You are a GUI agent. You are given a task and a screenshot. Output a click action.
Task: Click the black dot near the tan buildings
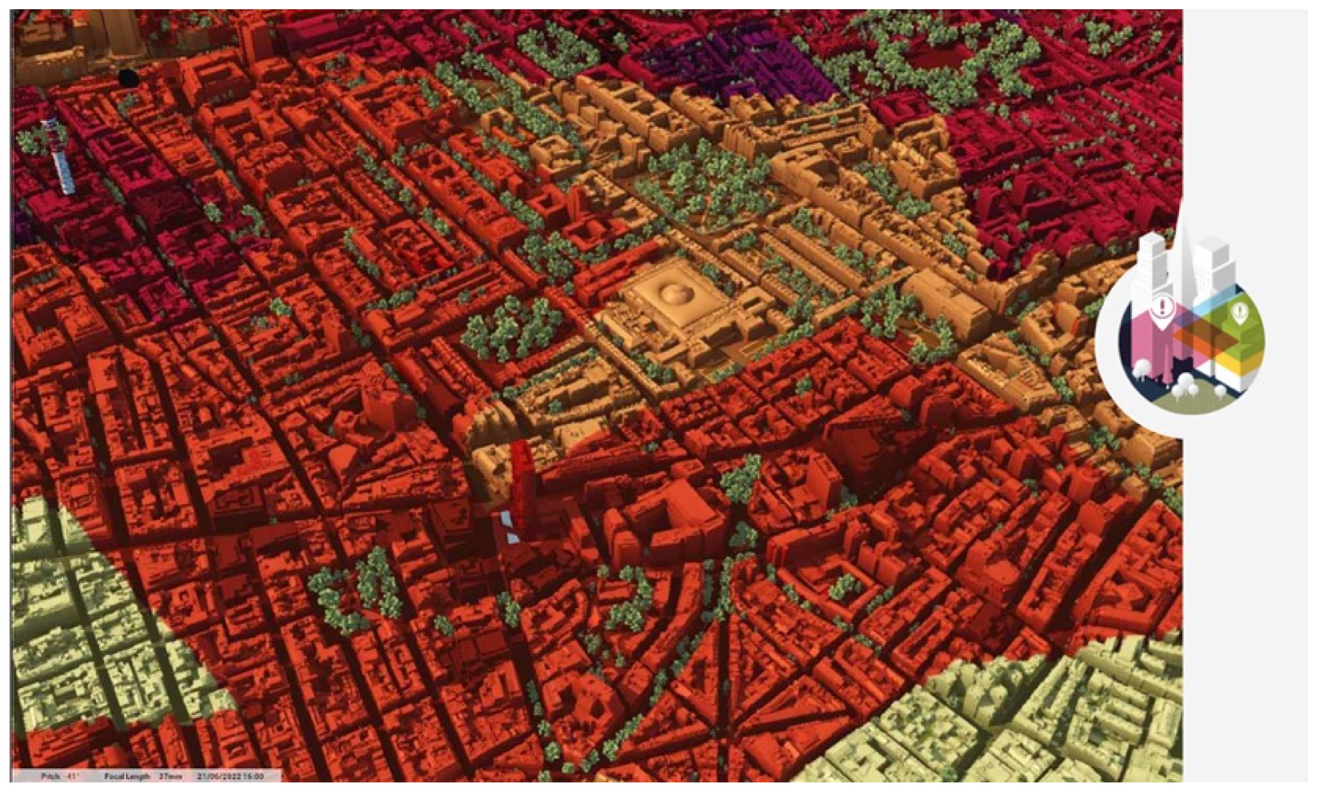coord(129,79)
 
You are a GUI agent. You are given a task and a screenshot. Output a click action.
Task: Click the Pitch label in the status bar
coord(50,776)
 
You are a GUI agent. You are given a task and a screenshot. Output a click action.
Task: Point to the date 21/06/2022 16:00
coord(230,776)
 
